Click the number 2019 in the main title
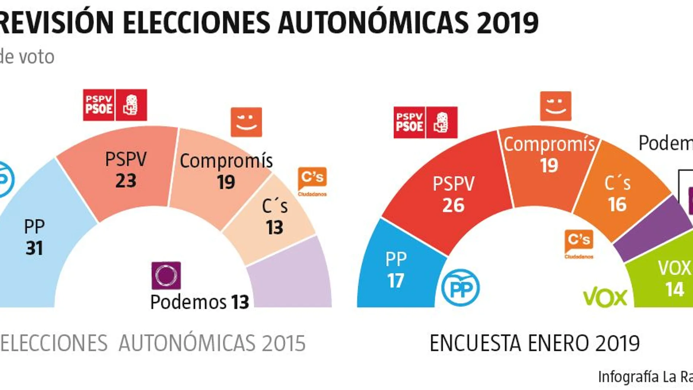[x=507, y=23]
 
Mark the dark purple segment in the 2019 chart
[x=653, y=230]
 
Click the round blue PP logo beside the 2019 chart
[x=460, y=287]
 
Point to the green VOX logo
[x=605, y=298]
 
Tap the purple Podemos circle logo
[x=166, y=275]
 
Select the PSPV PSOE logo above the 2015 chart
[x=115, y=105]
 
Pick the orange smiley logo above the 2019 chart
[x=555, y=106]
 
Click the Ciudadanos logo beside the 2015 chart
[x=312, y=181]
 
